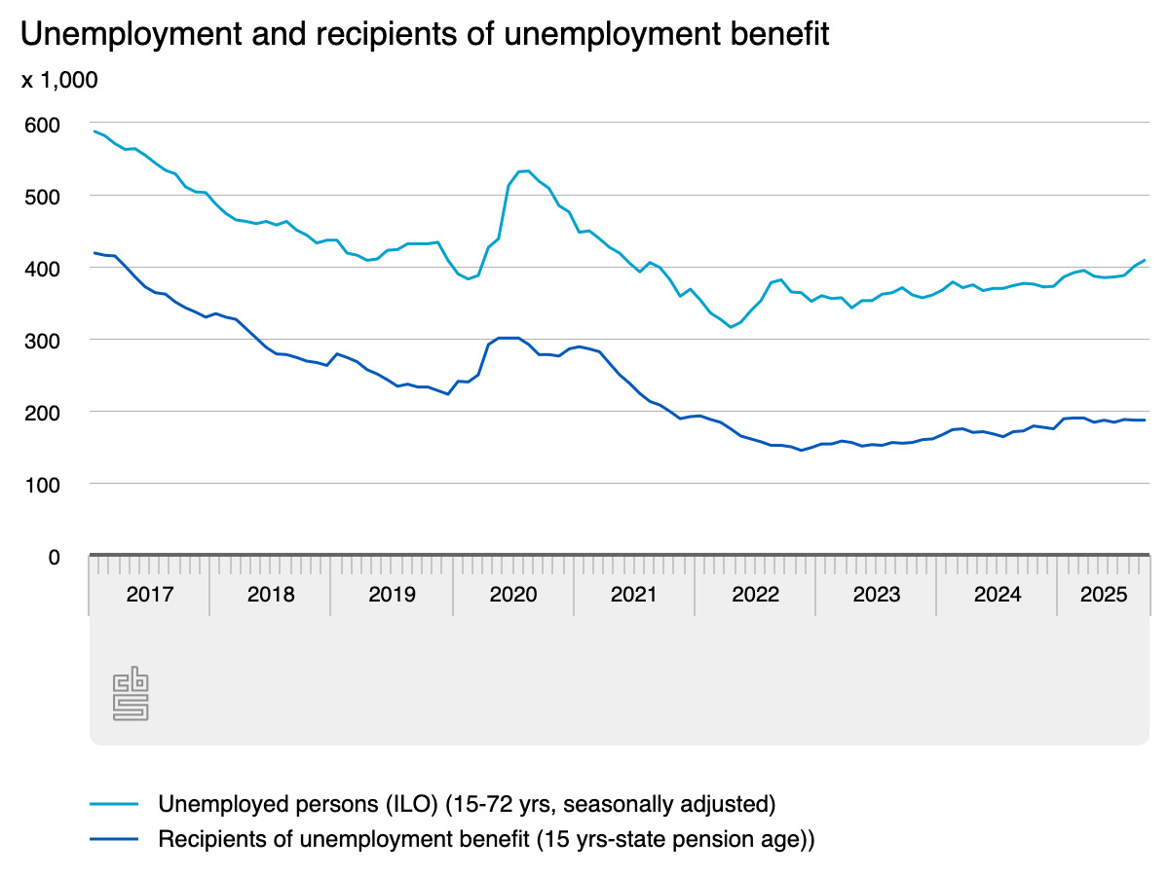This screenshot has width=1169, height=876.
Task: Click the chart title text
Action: (x=425, y=35)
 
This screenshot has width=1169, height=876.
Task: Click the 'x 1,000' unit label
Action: (x=59, y=81)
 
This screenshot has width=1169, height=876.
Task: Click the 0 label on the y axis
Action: (x=54, y=556)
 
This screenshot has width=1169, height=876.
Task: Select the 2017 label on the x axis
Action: (x=150, y=595)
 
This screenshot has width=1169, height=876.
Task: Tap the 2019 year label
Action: (x=392, y=595)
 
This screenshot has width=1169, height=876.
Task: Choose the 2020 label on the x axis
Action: (x=513, y=595)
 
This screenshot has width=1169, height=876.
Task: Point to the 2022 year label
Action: (x=755, y=595)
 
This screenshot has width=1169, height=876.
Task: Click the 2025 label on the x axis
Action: (x=1105, y=595)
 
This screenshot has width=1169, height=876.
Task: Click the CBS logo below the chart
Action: (x=132, y=694)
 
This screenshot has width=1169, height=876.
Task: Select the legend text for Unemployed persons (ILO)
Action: (x=467, y=804)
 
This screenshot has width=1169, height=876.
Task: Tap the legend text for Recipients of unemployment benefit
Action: (x=486, y=839)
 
